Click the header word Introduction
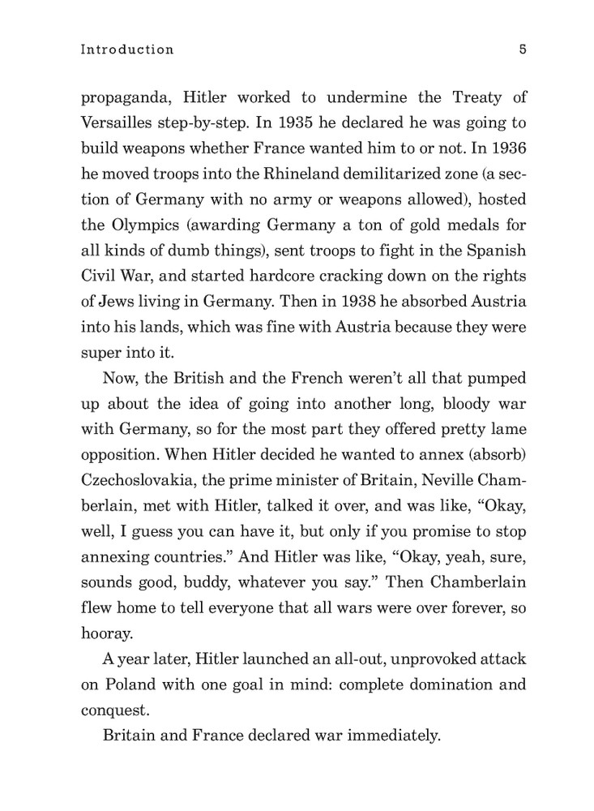pyautogui.click(x=127, y=49)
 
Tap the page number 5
pyautogui.click(x=523, y=49)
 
